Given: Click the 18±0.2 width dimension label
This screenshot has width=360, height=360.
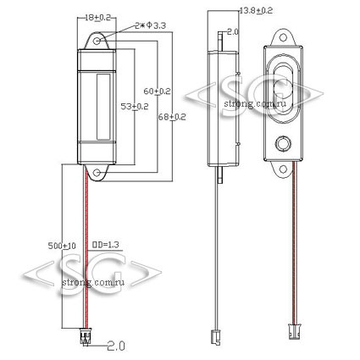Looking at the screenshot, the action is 97,18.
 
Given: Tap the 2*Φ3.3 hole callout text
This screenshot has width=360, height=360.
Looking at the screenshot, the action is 150,25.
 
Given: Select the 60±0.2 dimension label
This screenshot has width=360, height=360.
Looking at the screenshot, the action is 157,91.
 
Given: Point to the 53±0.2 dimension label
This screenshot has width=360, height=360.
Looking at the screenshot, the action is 135,107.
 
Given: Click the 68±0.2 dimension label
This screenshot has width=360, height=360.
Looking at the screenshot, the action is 172,117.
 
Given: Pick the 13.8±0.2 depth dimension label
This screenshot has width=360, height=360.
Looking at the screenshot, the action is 256,11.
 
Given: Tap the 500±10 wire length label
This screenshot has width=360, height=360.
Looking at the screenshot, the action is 62,246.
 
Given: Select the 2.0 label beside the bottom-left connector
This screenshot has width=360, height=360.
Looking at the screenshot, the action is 116,346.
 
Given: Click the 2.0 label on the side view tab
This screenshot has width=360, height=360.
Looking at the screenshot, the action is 233,31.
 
